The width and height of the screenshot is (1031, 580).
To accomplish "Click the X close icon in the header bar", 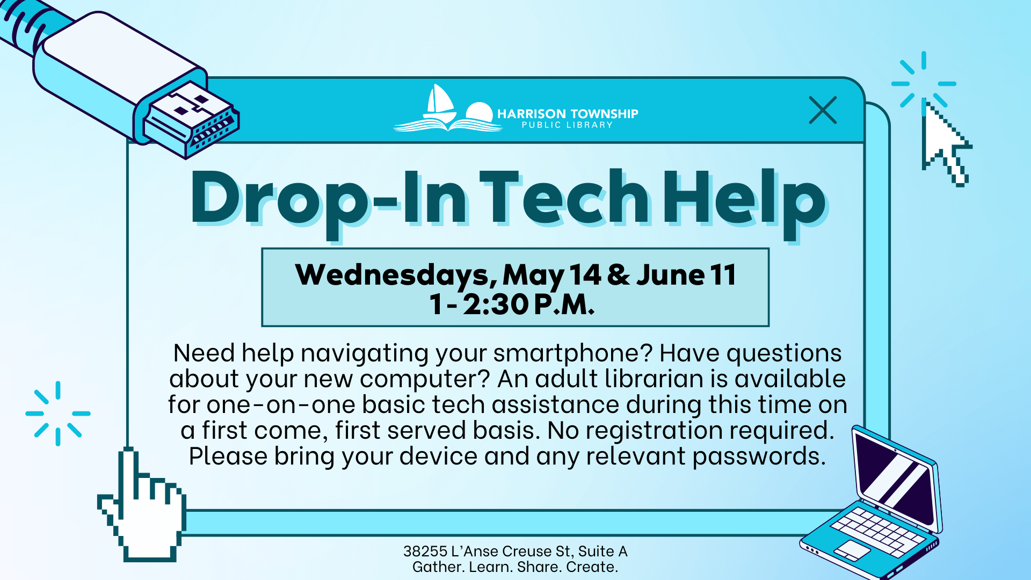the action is coord(823,110).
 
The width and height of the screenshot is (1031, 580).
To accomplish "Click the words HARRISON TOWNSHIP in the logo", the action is coord(568,114).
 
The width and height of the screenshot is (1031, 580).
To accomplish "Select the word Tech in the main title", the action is coord(564,198).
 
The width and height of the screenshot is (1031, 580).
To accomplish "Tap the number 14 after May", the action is coord(585,274).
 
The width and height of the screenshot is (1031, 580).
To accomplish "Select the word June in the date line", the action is coord(670,275).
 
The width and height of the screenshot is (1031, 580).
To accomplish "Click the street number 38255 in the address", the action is coord(425,552).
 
